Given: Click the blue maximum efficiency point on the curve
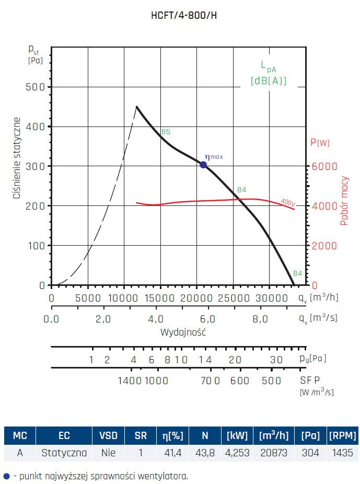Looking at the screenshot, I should (203, 165).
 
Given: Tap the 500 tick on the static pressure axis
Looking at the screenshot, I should (35, 87).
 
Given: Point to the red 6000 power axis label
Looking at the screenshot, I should (323, 166).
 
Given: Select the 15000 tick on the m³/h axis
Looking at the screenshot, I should (160, 298).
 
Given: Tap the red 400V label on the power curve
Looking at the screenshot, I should (288, 202).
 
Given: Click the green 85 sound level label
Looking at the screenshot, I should (166, 132).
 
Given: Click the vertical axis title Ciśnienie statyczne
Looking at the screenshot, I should (17, 158).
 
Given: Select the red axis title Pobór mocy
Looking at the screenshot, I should (344, 201).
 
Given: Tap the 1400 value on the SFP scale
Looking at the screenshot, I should (130, 381).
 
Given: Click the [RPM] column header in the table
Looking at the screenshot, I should (342, 435).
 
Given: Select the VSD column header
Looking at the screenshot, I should (108, 435).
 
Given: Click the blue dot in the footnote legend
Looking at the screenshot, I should (6, 476).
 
